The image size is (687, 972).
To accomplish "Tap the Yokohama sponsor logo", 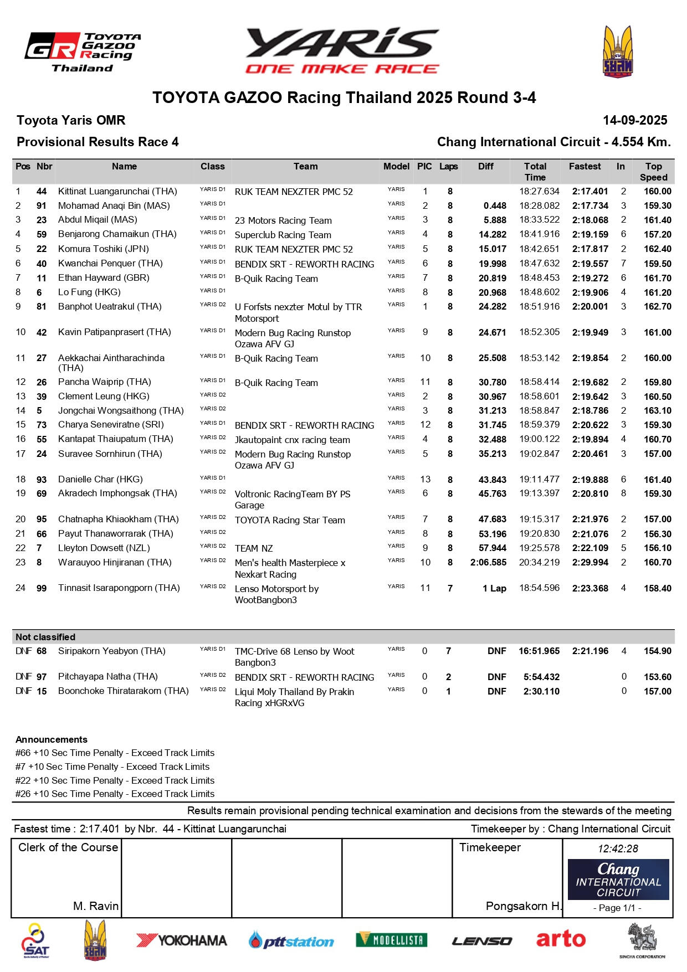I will tap(182, 940).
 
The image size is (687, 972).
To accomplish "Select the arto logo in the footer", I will tap(560, 939).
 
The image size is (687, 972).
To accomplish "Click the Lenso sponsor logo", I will tap(481, 940).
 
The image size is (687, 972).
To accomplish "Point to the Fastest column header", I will tap(585, 167).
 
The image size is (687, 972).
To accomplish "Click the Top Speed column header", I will tap(653, 172).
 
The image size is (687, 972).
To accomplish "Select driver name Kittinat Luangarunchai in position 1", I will tap(117, 192).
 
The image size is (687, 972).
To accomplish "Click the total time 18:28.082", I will tap(539, 206).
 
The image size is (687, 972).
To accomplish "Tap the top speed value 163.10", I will tap(657, 411).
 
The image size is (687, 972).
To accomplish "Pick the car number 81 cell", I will tap(42, 307).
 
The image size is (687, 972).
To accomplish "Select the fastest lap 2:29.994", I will tap(590, 563).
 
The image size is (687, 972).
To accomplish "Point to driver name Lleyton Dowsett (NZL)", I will tap(104, 548).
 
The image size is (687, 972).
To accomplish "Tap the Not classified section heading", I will tap(45, 637).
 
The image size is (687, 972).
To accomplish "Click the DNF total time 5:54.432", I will tap(541, 677).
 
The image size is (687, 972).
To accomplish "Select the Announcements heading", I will tap(52, 740).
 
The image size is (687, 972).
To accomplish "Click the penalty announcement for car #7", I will tap(112, 767).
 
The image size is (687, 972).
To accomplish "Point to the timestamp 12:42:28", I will tap(618, 849).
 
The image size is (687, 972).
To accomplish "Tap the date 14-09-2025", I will tap(635, 121).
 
